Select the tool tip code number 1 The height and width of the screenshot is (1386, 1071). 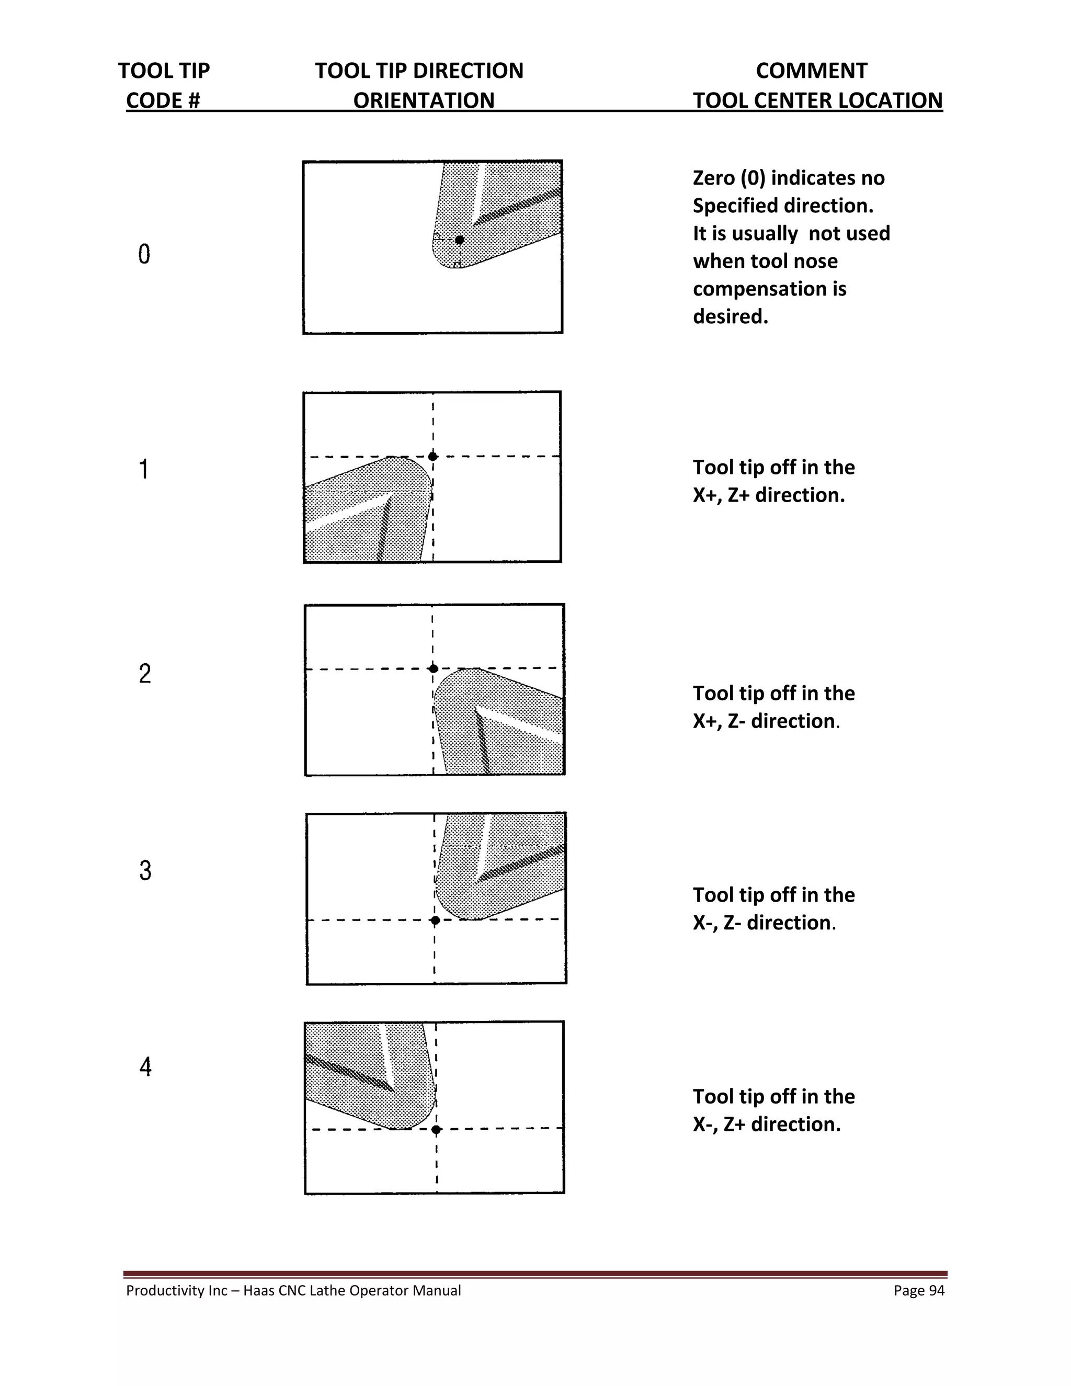pos(144,469)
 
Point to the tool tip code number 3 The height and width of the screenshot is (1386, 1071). pos(145,870)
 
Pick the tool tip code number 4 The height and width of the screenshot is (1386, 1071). pos(145,1067)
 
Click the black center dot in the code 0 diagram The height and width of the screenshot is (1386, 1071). pos(459,240)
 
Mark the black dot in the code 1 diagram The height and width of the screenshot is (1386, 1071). pos(432,456)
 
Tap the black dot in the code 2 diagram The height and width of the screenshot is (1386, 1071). pos(434,668)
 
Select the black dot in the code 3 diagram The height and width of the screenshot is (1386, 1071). pos(435,919)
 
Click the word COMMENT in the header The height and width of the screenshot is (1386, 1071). pos(811,71)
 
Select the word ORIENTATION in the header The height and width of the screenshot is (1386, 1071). pos(423,100)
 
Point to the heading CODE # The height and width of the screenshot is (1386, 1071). pos(163,100)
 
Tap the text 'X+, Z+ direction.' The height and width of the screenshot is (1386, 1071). pos(768,495)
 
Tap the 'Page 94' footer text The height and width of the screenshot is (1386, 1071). pos(919,1290)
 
